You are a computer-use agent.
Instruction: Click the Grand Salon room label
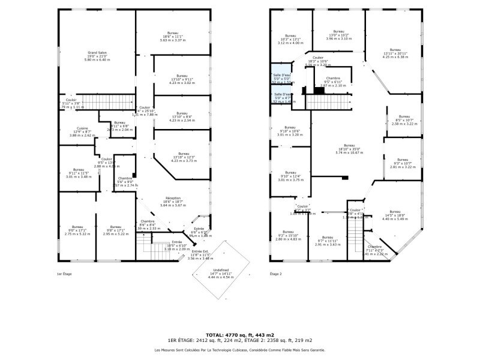pyautogui.click(x=97, y=53)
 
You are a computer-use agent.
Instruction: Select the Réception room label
pyautogui.click(x=174, y=199)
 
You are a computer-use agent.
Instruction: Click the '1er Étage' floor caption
pyautogui.click(x=64, y=274)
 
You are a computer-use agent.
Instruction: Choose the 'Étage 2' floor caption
pyautogui.click(x=275, y=274)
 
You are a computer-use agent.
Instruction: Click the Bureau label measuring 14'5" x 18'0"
pyautogui.click(x=394, y=212)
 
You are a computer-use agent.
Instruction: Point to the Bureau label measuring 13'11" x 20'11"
pyautogui.click(x=394, y=50)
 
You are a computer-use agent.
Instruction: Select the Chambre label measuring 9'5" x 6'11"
pyautogui.click(x=333, y=79)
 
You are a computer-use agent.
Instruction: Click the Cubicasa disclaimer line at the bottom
pyautogui.click(x=240, y=350)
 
